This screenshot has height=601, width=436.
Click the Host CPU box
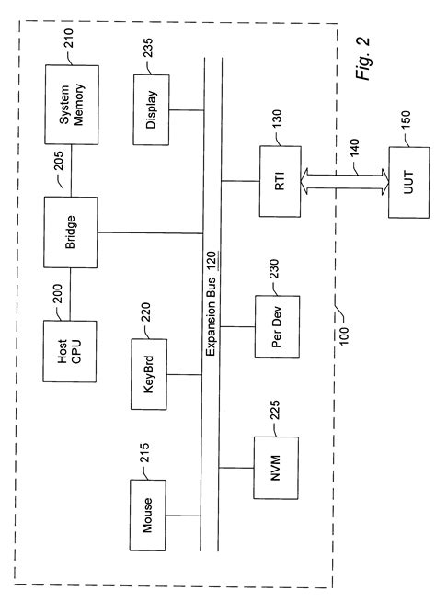[70, 350]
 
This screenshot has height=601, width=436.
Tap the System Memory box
[70, 104]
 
